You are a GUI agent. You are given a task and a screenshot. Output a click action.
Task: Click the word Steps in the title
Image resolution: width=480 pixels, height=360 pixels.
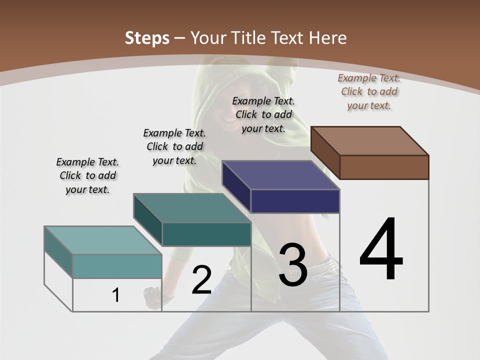tap(147, 38)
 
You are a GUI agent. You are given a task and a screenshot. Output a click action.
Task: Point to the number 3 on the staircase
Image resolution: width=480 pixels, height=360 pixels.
tap(292, 265)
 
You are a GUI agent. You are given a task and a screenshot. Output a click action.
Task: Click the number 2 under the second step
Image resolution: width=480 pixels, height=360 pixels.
tap(201, 280)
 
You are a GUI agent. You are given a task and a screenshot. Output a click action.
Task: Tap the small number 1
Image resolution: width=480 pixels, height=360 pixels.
tap(116, 295)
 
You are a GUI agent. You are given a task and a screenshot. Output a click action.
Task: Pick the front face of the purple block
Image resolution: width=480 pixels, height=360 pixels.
tap(295, 201)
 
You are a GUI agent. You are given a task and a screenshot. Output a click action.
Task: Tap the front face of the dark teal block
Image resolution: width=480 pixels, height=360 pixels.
tap(206, 234)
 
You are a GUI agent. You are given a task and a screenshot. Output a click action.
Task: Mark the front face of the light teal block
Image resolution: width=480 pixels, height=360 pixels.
tap(117, 266)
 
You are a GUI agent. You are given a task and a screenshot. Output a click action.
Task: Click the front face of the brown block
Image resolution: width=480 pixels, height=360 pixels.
tap(384, 167)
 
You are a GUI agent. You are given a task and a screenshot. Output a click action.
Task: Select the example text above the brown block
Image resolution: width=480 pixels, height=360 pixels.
tap(369, 91)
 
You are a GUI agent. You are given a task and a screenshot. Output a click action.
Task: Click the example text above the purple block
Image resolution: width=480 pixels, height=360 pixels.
tap(263, 114)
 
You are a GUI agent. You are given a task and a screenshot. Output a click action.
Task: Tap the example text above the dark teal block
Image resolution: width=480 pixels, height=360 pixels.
tap(174, 146)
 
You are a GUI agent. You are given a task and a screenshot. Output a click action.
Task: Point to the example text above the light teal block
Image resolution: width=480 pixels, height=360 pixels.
tap(87, 175)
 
